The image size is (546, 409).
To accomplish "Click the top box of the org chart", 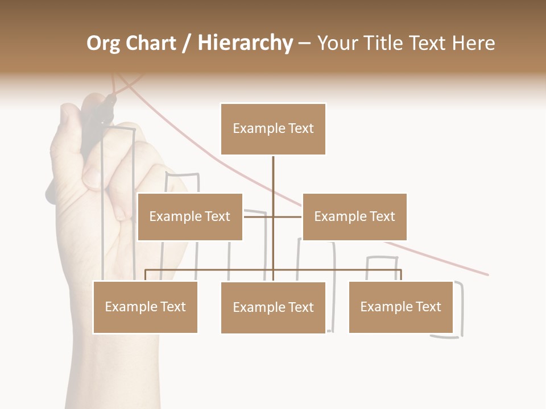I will (273, 129).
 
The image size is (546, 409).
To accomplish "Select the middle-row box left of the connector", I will (190, 216).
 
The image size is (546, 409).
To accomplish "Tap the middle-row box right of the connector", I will (354, 216).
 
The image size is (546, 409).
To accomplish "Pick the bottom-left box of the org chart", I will (145, 307).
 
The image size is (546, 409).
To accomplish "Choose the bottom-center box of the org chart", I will (273, 307).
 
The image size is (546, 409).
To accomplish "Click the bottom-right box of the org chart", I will (400, 307).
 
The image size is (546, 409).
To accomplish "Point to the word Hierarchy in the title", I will (245, 43).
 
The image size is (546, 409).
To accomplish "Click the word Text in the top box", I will (300, 128).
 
